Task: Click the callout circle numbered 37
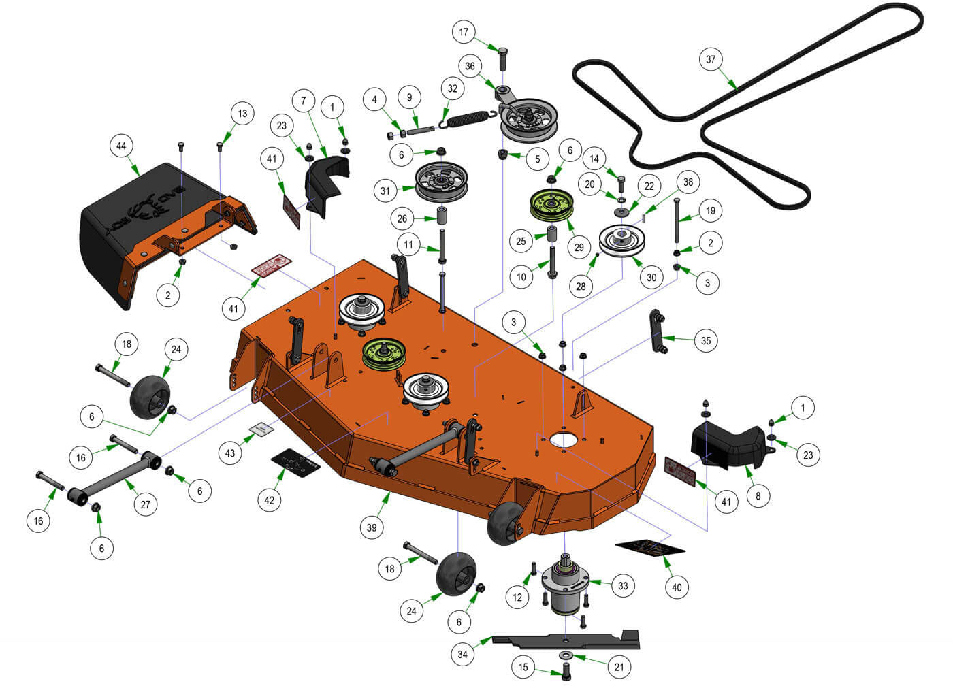(711, 59)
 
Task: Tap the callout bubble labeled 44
(121, 146)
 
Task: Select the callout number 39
(372, 527)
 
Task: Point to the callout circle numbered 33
(623, 585)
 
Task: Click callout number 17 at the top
(464, 32)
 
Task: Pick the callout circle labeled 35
(706, 340)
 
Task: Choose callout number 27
(145, 504)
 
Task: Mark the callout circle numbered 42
(270, 500)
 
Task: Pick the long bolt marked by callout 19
(678, 221)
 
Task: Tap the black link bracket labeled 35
(658, 331)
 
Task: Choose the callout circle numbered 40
(677, 587)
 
